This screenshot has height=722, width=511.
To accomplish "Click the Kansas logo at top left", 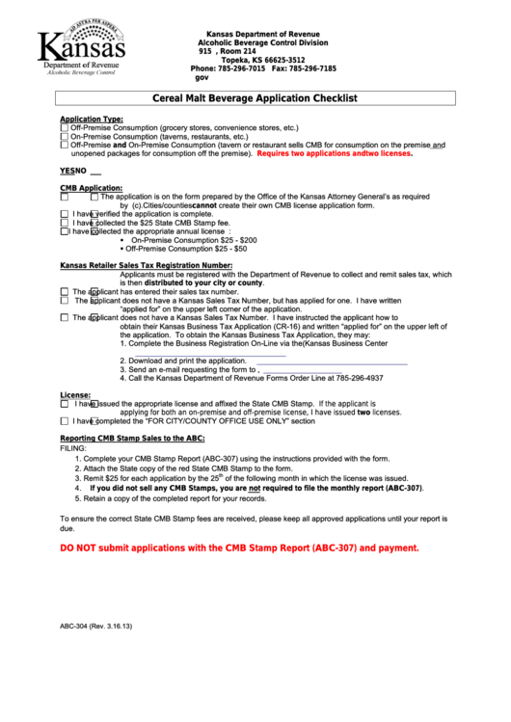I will (81, 45).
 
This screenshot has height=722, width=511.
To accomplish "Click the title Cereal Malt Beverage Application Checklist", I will (255, 98).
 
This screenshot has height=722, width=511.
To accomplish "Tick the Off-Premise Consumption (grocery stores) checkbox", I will (64, 127).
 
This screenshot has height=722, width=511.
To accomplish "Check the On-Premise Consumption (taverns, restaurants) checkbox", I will (64, 136).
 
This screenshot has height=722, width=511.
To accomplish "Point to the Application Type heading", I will (92, 119).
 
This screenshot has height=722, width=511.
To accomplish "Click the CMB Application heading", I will (91, 187).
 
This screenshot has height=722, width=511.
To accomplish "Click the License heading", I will (75, 395).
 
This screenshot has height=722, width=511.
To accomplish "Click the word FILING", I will (73, 448).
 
